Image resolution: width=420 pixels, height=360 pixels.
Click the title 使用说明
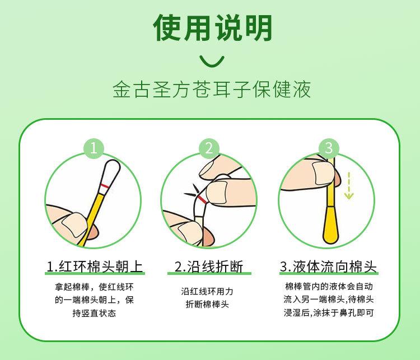pos(212,28)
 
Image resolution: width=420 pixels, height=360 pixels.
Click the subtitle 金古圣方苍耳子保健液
pos(212,89)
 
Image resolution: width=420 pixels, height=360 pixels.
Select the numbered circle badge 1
pos(94,148)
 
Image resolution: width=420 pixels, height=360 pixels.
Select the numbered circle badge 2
pos(209,148)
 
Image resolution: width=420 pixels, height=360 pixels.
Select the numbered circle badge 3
pos(329,148)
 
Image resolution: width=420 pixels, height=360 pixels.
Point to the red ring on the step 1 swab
pos(105,186)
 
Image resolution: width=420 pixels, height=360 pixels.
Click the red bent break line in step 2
pos(201,199)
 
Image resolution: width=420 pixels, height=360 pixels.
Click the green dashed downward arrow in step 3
pos(349,185)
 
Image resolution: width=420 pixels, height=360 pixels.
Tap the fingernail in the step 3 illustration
pos(323,174)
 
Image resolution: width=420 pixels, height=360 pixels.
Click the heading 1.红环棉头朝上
pos(95,267)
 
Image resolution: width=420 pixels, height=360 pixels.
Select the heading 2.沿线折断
pos(209,267)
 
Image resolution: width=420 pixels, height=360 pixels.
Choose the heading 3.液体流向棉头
pos(328,267)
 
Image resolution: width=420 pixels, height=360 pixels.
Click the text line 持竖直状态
pos(94,313)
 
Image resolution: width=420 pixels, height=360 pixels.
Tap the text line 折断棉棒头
pos(207,304)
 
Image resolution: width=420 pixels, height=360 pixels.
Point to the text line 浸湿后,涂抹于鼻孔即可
pos(329,312)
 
